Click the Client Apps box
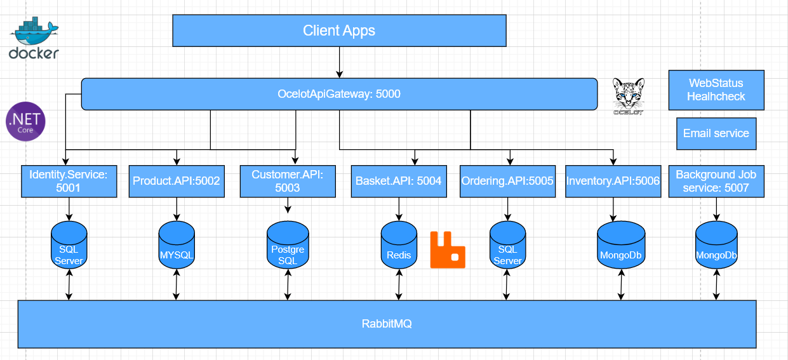click(339, 30)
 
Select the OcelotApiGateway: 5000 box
click(339, 94)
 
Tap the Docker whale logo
click(34, 39)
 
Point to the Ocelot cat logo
click(628, 97)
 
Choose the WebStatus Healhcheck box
click(716, 90)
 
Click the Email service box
click(716, 133)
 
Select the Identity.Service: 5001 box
click(69, 181)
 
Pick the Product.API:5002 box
click(176, 181)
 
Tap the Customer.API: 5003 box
click(288, 181)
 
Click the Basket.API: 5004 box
click(398, 181)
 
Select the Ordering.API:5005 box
click(507, 181)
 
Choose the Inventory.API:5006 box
click(613, 181)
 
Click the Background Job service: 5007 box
click(716, 181)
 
